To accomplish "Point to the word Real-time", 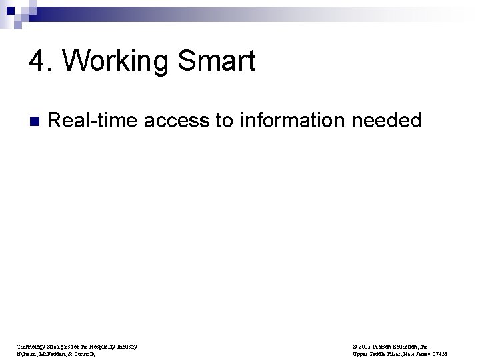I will pyautogui.click(x=92, y=121).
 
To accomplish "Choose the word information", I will pyautogui.click(x=293, y=121).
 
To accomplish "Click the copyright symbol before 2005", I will pyautogui.click(x=353, y=347).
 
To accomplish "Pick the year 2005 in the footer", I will pyautogui.click(x=363, y=347).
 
